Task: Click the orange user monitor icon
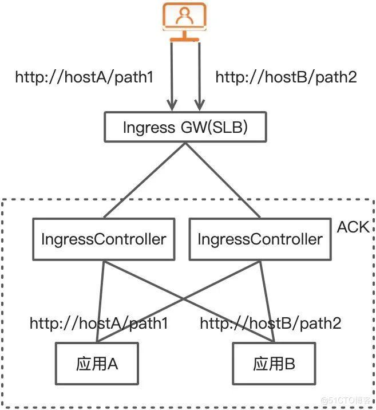pyautogui.click(x=184, y=20)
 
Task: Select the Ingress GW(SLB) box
pyautogui.click(x=185, y=127)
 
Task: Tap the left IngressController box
pyautogui.click(x=104, y=239)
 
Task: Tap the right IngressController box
pyautogui.click(x=260, y=239)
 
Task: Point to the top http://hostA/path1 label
pyautogui.click(x=84, y=77)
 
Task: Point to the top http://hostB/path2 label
pyautogui.click(x=286, y=77)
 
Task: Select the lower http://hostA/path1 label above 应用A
pyautogui.click(x=99, y=324)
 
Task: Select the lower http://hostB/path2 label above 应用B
pyautogui.click(x=271, y=324)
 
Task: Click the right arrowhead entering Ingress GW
pyautogui.click(x=199, y=105)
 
